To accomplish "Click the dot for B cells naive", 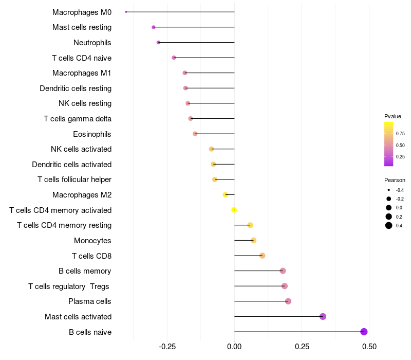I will pos(364,332).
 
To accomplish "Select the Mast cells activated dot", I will pos(323,316).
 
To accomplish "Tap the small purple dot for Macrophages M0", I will pos(126,12).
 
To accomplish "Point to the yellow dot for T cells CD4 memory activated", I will pos(234,210).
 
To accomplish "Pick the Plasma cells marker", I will pos(288,301).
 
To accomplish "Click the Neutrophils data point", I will pos(158,42).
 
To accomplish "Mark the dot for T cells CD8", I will pos(262,256).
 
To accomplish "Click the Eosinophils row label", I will pos(92,134).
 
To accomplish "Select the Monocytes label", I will pos(92,241).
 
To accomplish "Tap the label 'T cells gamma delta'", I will pos(78,119).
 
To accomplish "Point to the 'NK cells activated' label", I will pos(81,149).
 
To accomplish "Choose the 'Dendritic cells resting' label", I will pos(76,88).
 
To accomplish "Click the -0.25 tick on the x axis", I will pos(167,347).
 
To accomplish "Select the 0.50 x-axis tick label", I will pos(369,347).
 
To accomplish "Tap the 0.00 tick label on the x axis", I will pos(234,347).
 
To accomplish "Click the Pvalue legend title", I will pos(393,116).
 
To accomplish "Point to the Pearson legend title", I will pos(395,180).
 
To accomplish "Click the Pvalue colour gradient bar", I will pos(388,144).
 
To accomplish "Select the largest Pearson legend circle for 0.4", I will pos(389,225).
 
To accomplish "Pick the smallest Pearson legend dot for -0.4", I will pos(389,190).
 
